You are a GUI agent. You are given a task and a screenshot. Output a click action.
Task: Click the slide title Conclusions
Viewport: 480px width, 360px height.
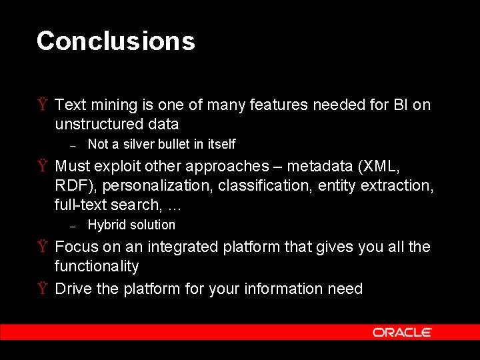click(115, 41)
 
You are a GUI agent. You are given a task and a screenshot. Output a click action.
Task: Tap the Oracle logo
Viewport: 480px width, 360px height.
click(402, 332)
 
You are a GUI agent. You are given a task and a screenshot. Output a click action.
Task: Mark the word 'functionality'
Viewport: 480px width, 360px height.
click(97, 267)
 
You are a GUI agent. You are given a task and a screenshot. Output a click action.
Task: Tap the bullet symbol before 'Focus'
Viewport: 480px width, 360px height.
click(42, 247)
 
